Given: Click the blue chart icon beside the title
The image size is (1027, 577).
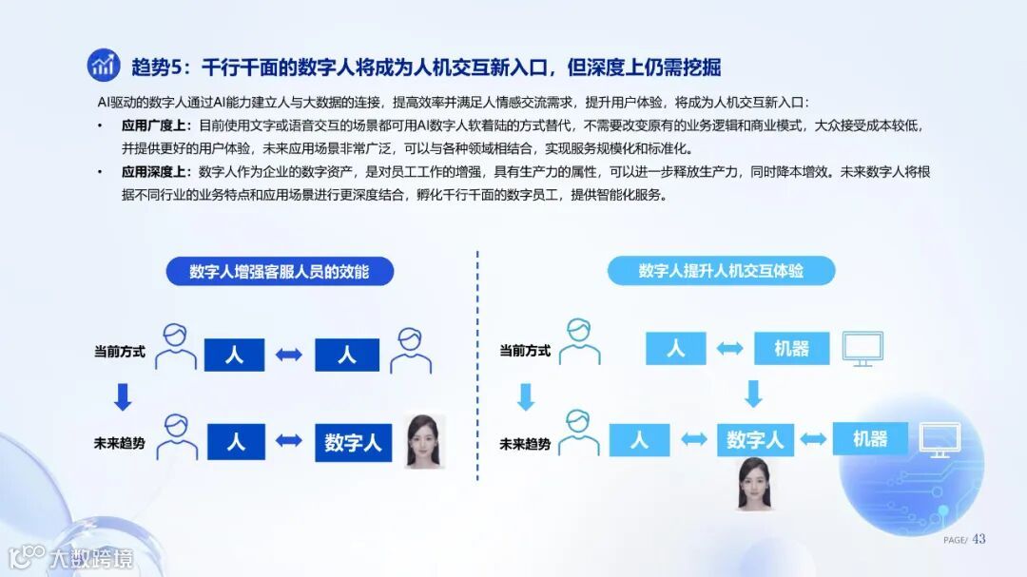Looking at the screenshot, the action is point(104,65).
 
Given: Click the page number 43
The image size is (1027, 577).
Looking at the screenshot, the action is point(979,539).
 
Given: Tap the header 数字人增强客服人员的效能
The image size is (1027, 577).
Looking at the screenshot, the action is point(279,272).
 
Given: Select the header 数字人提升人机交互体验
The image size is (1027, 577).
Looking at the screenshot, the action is point(721,271).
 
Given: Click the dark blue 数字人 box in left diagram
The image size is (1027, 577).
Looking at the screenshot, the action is point(353,442).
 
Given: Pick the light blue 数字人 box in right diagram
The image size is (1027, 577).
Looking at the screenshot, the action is point(755,439).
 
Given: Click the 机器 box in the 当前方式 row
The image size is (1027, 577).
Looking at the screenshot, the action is point(791,349).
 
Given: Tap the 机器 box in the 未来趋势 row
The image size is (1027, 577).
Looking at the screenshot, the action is point(869,438).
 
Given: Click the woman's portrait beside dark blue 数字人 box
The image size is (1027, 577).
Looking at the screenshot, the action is point(425,441).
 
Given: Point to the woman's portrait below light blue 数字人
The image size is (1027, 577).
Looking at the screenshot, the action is point(752,483).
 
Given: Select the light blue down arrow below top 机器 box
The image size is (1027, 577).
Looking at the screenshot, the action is point(754,394).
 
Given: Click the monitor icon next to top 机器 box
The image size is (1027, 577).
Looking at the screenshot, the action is point(862,349).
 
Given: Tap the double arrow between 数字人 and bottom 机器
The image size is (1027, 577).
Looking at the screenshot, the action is point(812,439).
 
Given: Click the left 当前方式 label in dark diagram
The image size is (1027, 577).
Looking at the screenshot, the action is point(120,352).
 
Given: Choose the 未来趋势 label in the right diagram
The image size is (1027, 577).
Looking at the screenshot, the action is point(525,444).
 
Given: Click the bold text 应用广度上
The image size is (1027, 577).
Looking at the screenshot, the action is point(156,125).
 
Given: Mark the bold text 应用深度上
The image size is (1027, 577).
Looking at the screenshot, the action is point(156,172).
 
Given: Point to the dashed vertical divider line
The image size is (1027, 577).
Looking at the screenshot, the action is point(477,380).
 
